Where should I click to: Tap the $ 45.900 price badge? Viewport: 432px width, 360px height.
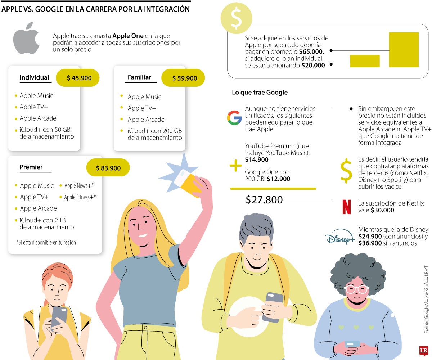point(77,78)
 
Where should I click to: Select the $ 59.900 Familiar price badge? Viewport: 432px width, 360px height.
point(183,78)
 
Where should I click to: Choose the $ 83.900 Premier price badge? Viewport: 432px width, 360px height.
point(108,168)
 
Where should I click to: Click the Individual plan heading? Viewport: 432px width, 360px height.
point(35,78)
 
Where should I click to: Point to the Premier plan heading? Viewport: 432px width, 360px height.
point(31,167)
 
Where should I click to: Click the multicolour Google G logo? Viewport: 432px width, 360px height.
point(234,118)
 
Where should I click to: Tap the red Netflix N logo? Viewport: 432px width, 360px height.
point(346,207)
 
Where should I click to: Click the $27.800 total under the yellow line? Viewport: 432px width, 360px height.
point(264,200)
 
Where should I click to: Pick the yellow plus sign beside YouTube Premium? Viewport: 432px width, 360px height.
point(236,166)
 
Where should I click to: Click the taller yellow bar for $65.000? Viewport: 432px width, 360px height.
point(404,50)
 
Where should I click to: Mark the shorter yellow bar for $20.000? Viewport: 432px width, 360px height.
point(364,61)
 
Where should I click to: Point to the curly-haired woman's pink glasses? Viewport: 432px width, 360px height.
point(356,289)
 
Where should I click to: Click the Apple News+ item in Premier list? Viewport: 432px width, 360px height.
point(79,186)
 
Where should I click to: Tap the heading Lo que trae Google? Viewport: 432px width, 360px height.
point(260,93)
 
